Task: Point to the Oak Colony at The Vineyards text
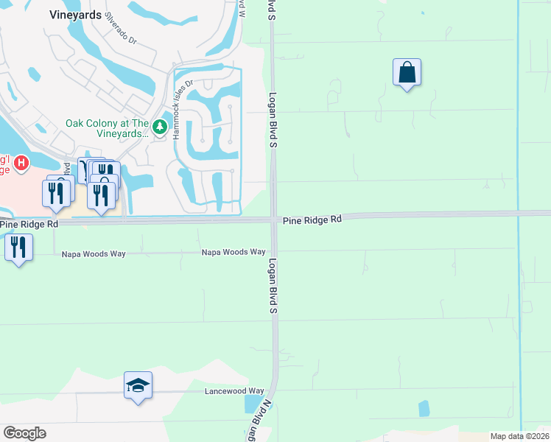[x=108, y=128]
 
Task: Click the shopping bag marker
[x=407, y=73]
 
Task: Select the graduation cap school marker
[x=138, y=385]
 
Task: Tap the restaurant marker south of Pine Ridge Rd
[x=18, y=248]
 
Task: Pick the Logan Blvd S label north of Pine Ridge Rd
[x=272, y=120]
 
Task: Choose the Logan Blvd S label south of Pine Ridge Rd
[x=272, y=287]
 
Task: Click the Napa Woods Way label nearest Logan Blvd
[x=234, y=252]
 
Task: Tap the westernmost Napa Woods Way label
[x=95, y=253]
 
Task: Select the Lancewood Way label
[x=234, y=391]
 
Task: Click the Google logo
[x=24, y=432]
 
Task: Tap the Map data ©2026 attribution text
[x=519, y=436]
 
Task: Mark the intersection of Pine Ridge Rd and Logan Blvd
[x=273, y=219]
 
